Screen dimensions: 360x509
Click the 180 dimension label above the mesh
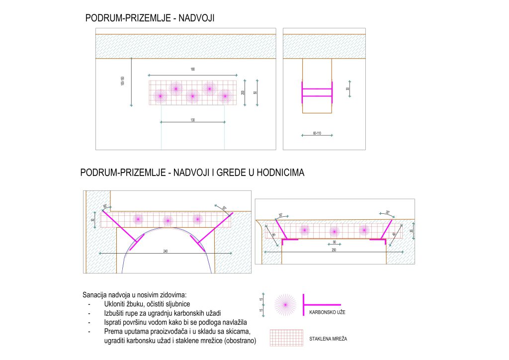click(x=192, y=69)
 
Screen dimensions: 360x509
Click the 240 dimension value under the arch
click(x=165, y=251)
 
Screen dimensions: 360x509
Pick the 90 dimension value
click(x=334, y=242)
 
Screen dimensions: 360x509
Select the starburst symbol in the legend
click(x=285, y=305)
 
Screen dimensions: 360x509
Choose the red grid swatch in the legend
click(x=286, y=337)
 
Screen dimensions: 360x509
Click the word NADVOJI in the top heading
click(x=199, y=18)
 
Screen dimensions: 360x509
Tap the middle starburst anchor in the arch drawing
click(x=168, y=219)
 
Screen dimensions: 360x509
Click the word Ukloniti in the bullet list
click(x=118, y=303)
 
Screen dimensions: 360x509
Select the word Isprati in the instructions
click(x=116, y=322)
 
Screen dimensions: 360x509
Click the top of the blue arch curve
click(x=166, y=229)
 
